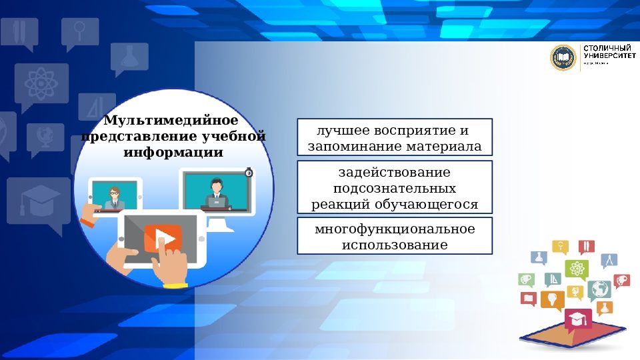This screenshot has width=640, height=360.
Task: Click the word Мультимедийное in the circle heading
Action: [x=171, y=121]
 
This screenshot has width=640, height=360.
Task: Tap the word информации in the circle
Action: [x=173, y=152]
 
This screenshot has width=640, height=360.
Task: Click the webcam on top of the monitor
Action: [x=249, y=172]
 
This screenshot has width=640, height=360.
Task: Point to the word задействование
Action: [x=395, y=172]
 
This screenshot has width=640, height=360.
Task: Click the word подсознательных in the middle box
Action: [x=395, y=188]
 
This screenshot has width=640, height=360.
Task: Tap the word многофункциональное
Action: [x=395, y=229]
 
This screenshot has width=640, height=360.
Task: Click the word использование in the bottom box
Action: [x=395, y=245]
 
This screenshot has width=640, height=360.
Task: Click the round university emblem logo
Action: [x=563, y=58]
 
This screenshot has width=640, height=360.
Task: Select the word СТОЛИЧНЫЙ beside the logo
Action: [x=607, y=49]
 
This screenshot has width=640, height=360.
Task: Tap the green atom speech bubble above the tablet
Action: [x=576, y=269]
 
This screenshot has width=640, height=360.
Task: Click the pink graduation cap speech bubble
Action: [x=577, y=319]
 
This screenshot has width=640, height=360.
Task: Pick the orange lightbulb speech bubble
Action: [x=552, y=299]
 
